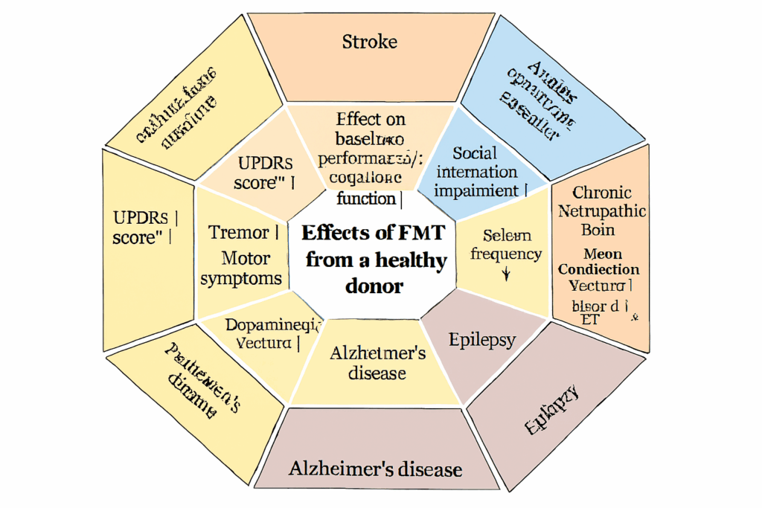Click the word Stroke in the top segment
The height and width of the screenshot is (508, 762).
tap(370, 42)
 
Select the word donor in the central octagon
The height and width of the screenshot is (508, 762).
tap(374, 285)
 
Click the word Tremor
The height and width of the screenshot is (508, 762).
tap(239, 233)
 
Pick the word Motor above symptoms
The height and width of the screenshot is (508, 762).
tap(246, 259)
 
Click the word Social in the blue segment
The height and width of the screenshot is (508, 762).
tap(475, 153)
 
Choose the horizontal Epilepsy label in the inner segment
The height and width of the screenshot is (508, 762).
tap(482, 340)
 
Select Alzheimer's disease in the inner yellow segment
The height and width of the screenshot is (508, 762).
tap(378, 361)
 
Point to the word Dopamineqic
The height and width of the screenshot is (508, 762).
tap(273, 324)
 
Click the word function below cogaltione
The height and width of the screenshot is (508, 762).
tap(366, 198)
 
